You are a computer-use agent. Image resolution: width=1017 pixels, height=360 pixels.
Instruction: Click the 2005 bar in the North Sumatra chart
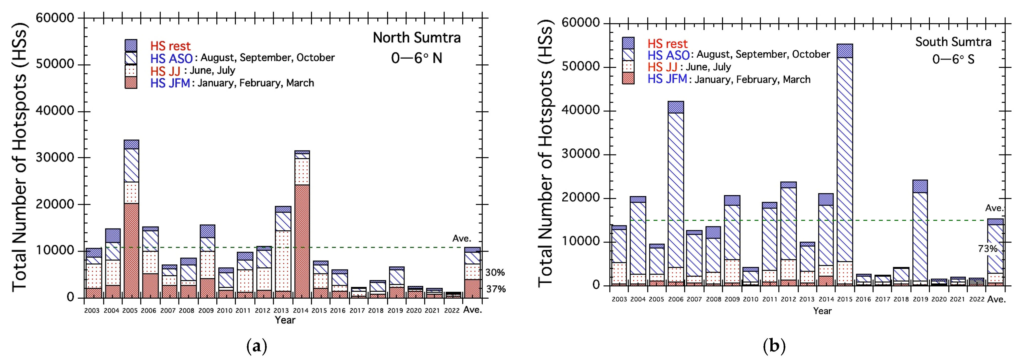coord(131,219)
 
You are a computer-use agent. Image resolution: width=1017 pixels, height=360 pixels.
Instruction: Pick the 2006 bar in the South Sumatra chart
coord(676,193)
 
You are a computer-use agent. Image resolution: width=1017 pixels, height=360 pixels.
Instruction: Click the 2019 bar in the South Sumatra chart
coord(920,233)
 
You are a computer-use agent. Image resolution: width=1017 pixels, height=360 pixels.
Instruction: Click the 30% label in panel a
coord(495,272)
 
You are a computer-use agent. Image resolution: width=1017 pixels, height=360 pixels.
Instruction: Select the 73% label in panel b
coord(987,249)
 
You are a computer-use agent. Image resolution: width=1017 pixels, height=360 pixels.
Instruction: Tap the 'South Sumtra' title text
coord(953,42)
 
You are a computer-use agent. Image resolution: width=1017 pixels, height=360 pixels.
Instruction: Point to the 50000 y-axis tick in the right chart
coord(580,66)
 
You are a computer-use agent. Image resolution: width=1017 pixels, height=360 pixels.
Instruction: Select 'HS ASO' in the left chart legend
coord(171,58)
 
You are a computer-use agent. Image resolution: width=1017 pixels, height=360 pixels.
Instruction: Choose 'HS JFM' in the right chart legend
coord(667,79)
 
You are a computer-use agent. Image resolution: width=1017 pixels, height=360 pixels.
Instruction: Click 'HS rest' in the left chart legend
coord(170,46)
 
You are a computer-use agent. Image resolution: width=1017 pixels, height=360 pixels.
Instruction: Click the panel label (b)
coord(774,346)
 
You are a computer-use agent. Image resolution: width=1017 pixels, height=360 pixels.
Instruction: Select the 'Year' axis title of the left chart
coord(285,320)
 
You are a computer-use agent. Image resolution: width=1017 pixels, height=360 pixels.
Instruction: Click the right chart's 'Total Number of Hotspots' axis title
coord(545,154)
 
